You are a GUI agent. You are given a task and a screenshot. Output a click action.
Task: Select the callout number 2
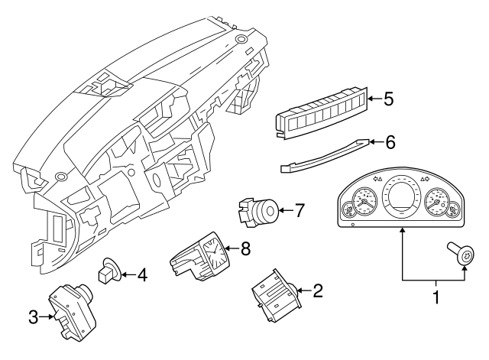point(318,290)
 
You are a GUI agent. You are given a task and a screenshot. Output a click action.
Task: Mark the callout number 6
point(390,141)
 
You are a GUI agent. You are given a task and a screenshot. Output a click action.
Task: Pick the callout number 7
point(300,209)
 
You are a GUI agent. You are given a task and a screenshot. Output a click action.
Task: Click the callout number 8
point(245,248)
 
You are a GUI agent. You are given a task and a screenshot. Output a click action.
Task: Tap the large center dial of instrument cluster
point(402,201)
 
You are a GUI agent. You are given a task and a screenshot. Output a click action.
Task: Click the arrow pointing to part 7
point(284,209)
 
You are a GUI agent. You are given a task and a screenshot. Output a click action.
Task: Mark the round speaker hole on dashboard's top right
point(241,38)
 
